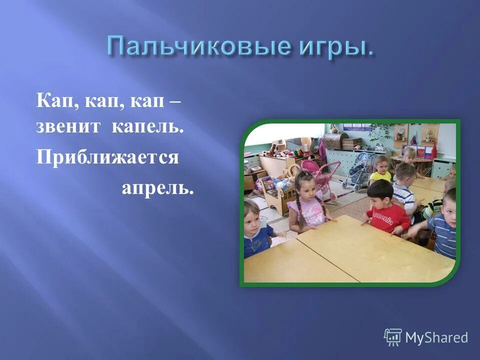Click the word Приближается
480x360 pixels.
107,157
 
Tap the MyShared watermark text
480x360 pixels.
436,337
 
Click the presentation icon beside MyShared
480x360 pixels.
393,337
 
